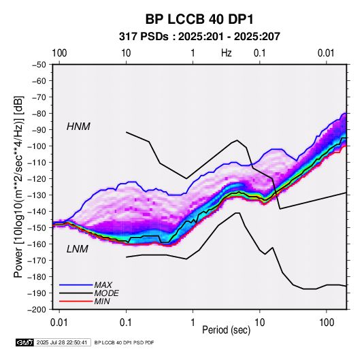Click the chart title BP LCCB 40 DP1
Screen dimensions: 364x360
(x=199, y=19)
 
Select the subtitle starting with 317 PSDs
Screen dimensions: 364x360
(x=199, y=37)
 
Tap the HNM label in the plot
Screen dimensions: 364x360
(x=78, y=127)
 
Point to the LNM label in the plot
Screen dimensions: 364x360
(x=78, y=249)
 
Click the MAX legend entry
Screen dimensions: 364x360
(x=103, y=284)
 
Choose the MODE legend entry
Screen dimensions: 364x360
(x=107, y=293)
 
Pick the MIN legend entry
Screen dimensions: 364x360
(x=102, y=301)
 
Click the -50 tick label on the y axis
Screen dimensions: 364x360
(x=39, y=65)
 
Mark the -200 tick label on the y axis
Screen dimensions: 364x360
(x=37, y=310)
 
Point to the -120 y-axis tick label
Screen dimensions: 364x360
(x=37, y=179)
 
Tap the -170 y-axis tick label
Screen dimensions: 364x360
(x=37, y=261)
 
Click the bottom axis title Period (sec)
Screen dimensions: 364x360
(x=227, y=330)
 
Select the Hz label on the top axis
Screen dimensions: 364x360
(x=227, y=53)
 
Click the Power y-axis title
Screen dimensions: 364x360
(x=18, y=186)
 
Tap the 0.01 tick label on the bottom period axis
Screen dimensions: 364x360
(x=59, y=323)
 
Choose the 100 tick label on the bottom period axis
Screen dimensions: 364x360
(x=327, y=323)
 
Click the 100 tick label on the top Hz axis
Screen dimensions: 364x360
(x=59, y=53)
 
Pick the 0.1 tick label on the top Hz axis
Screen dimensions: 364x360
(x=259, y=53)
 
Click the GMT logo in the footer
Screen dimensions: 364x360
(x=24, y=342)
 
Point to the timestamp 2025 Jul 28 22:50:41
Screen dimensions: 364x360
(x=62, y=342)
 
